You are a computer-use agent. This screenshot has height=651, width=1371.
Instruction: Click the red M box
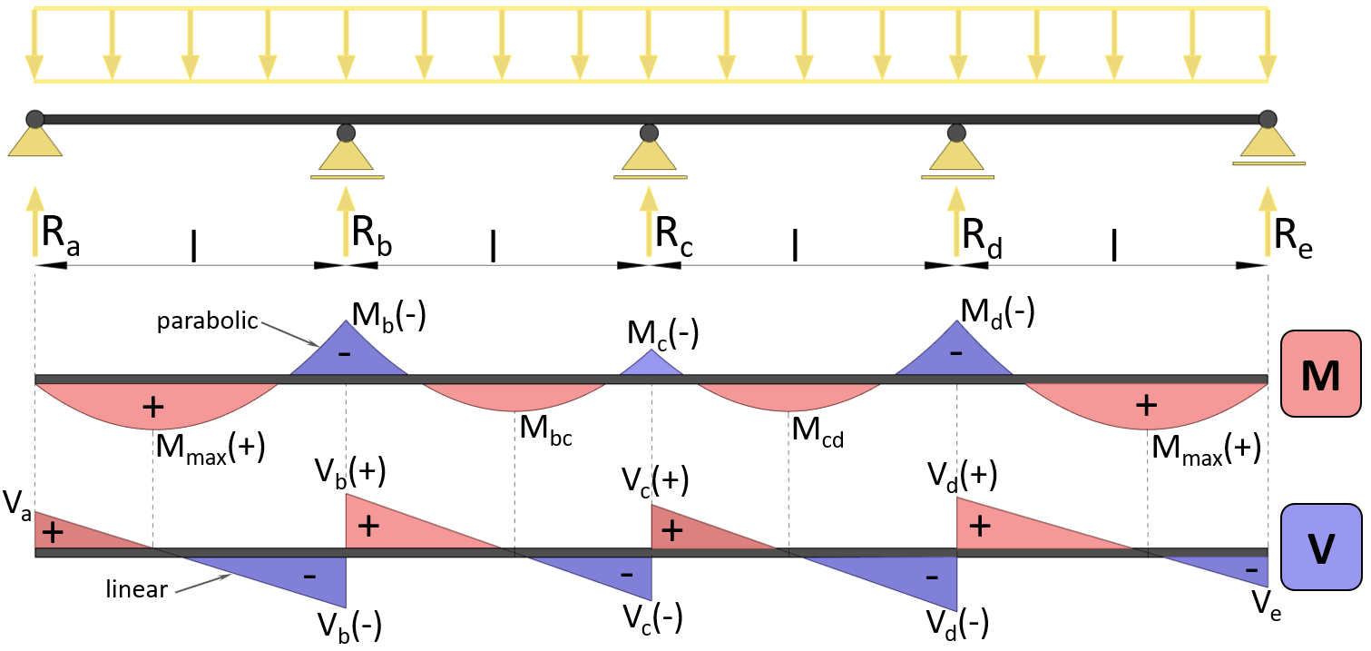(x=1320, y=374)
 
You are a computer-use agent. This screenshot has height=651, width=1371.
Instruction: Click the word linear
(x=137, y=589)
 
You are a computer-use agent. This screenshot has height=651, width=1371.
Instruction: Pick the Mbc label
(x=545, y=428)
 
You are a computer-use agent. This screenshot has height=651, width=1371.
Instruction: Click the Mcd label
(x=818, y=428)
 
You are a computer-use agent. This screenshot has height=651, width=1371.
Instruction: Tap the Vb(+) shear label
(x=350, y=472)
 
